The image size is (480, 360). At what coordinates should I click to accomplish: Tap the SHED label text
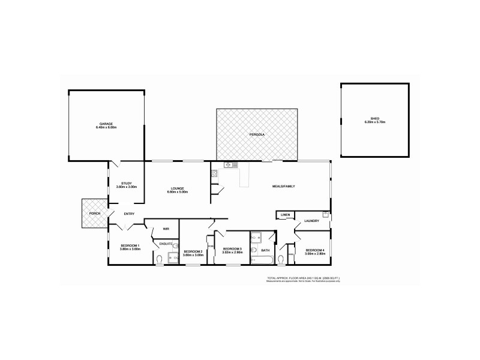click(x=374, y=118)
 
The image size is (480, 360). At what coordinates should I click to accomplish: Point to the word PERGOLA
click(x=257, y=134)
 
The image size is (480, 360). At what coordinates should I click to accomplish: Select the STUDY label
click(x=126, y=183)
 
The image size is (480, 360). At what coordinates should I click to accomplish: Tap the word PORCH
click(x=95, y=213)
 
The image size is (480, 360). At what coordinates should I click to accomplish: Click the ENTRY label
click(x=129, y=214)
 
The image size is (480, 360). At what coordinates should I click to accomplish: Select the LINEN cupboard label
click(x=285, y=214)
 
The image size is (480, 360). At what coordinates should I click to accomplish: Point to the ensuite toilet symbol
click(x=160, y=259)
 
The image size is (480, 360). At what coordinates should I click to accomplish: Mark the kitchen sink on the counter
click(x=227, y=165)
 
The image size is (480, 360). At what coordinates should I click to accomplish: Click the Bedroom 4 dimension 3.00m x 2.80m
click(x=314, y=254)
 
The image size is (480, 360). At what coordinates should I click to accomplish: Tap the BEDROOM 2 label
click(x=193, y=251)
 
